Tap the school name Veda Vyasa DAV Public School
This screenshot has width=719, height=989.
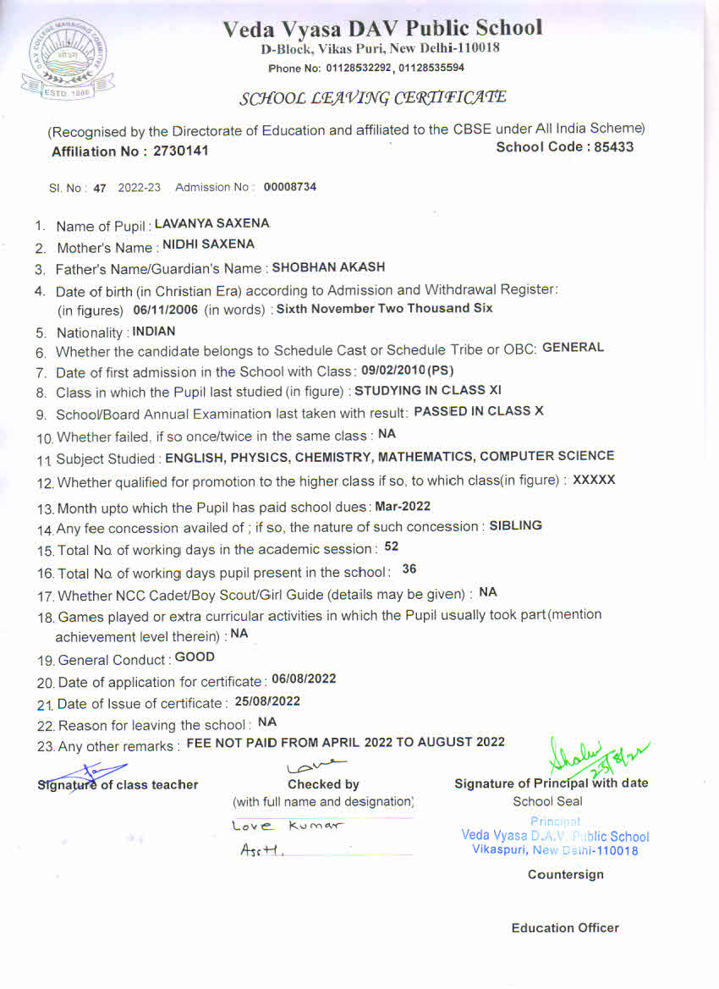pyautogui.click(x=382, y=29)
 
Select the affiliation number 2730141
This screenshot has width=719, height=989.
pyautogui.click(x=180, y=151)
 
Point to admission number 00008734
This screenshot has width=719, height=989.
pyautogui.click(x=290, y=187)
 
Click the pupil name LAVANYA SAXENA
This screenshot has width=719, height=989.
pyautogui.click(x=212, y=224)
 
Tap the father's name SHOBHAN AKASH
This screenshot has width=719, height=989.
pyautogui.click(x=328, y=267)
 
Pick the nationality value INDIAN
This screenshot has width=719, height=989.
pyautogui.click(x=154, y=332)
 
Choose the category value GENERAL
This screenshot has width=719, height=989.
pyautogui.click(x=573, y=348)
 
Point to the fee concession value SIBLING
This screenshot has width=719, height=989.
pyautogui.click(x=516, y=525)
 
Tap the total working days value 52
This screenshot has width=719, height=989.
pyautogui.click(x=391, y=547)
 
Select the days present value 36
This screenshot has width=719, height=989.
pyautogui.click(x=409, y=569)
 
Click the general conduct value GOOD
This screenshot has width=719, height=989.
pyautogui.click(x=195, y=657)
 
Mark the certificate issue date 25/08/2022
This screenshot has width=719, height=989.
pyautogui.click(x=267, y=701)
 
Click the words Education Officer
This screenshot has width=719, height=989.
pyautogui.click(x=565, y=928)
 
